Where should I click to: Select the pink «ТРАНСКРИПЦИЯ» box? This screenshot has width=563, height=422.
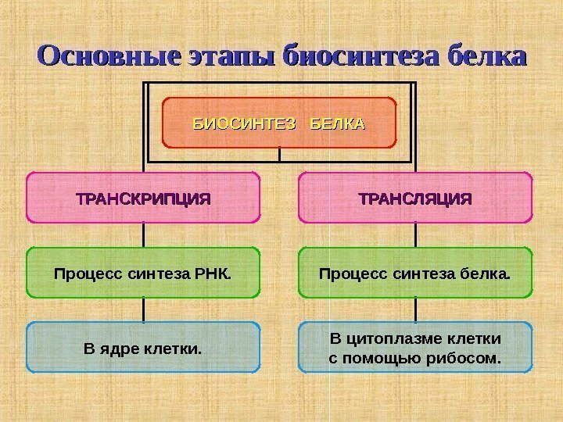click(143, 198)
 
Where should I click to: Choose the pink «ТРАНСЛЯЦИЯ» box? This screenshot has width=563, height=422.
click(415, 198)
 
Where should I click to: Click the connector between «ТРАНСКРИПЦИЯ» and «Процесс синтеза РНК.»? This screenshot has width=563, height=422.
click(144, 235)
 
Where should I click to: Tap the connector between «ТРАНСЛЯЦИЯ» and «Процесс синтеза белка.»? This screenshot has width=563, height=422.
click(415, 235)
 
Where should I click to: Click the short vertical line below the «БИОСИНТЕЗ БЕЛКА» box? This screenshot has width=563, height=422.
click(280, 155)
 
